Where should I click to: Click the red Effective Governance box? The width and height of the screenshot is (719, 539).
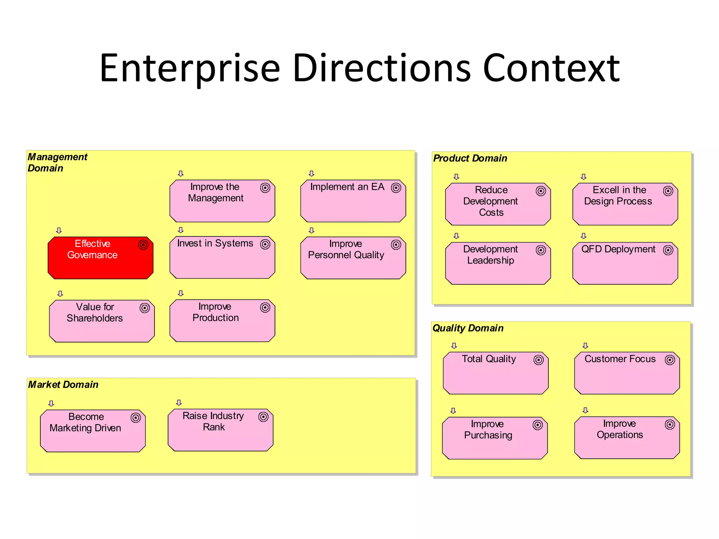tap(100, 258)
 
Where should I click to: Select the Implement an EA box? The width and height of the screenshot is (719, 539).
tap(353, 201)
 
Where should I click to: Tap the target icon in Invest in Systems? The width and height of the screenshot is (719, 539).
tap(265, 244)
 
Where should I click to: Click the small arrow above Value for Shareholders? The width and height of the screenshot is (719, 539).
tap(60, 294)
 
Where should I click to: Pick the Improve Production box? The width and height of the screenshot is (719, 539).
tap(222, 321)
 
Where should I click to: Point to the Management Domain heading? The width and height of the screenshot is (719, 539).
tap(57, 162)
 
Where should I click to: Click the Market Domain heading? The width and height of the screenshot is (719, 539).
tap(63, 385)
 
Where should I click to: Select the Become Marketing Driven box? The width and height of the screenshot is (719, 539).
tap(93, 431)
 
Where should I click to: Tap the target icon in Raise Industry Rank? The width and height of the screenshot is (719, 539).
tap(263, 417)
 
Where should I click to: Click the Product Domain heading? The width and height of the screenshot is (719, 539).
tap(470, 158)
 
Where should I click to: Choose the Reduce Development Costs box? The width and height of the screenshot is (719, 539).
tap(498, 204)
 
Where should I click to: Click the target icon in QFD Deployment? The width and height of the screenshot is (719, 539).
tap(668, 250)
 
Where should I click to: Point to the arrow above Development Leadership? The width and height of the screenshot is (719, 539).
tap(456, 236)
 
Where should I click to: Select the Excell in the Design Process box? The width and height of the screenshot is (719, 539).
tap(625, 204)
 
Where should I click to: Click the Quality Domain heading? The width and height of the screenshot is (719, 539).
tap(468, 328)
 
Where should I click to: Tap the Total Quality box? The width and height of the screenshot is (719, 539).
tap(495, 373)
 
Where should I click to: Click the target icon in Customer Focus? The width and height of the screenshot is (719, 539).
tap(670, 360)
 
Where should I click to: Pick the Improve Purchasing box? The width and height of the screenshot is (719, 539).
tap(495, 438)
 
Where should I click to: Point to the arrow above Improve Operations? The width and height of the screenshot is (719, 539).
tap(585, 410)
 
